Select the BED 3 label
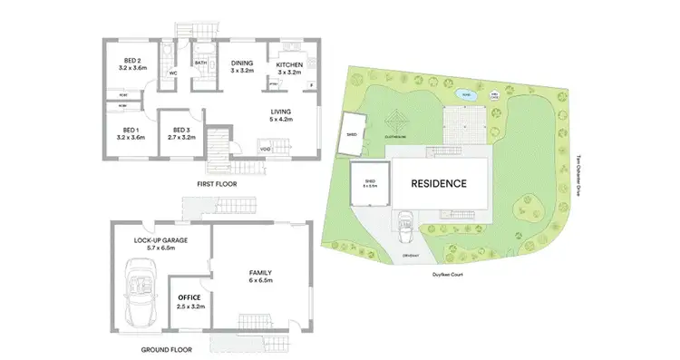pyautogui.click(x=181, y=133)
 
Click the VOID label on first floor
pyautogui.click(x=264, y=150)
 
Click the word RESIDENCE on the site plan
pyautogui.click(x=439, y=183)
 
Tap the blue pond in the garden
pyautogui.click(x=462, y=93)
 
